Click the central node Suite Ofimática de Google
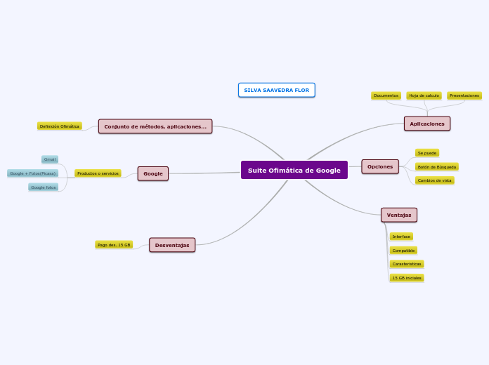click(294, 170)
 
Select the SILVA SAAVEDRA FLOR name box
click(276, 90)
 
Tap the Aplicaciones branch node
click(426, 124)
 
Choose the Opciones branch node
click(380, 166)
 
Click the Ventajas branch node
click(398, 215)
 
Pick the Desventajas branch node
click(172, 245)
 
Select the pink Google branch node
click(152, 173)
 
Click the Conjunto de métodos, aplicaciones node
click(155, 126)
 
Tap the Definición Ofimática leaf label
click(60, 126)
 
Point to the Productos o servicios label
click(98, 173)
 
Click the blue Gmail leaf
click(50, 159)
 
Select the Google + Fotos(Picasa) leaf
click(32, 173)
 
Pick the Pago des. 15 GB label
click(114, 245)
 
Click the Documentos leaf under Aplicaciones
click(386, 95)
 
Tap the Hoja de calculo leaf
click(424, 95)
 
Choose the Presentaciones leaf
click(464, 95)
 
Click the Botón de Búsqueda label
click(436, 167)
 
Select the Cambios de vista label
click(434, 180)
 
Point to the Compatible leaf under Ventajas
click(403, 251)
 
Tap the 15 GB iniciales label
click(407, 278)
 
